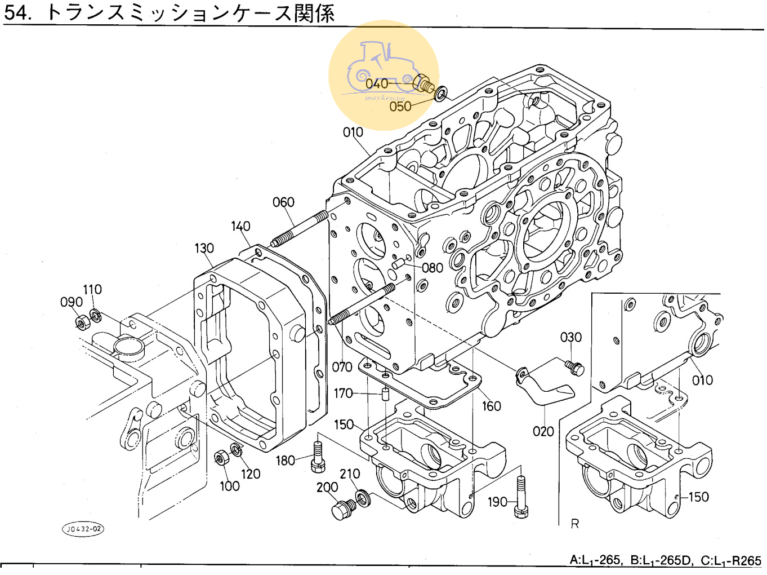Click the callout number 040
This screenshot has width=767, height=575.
pos(377,84)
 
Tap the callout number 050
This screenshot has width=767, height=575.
pos(400,106)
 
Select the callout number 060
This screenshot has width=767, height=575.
pos(283,202)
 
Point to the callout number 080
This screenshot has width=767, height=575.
pos(432,268)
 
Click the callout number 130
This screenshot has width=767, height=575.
pos(204,248)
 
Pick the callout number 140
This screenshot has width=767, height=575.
pos(240,226)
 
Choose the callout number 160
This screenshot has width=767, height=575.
pos(491,406)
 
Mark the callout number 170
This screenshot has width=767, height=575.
pos(343,393)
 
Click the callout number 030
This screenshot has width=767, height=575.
pos(570,337)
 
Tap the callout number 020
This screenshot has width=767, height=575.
pos(543,431)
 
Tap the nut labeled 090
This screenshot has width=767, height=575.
pos(81,322)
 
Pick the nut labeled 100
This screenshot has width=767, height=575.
pos(221,457)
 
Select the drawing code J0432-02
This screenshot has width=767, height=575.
pos(83,529)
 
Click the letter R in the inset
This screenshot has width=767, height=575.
pos(574,524)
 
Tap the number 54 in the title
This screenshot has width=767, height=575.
pos(16,12)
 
